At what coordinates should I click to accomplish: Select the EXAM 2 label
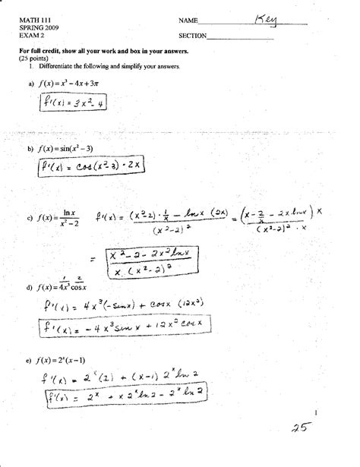[31, 34]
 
